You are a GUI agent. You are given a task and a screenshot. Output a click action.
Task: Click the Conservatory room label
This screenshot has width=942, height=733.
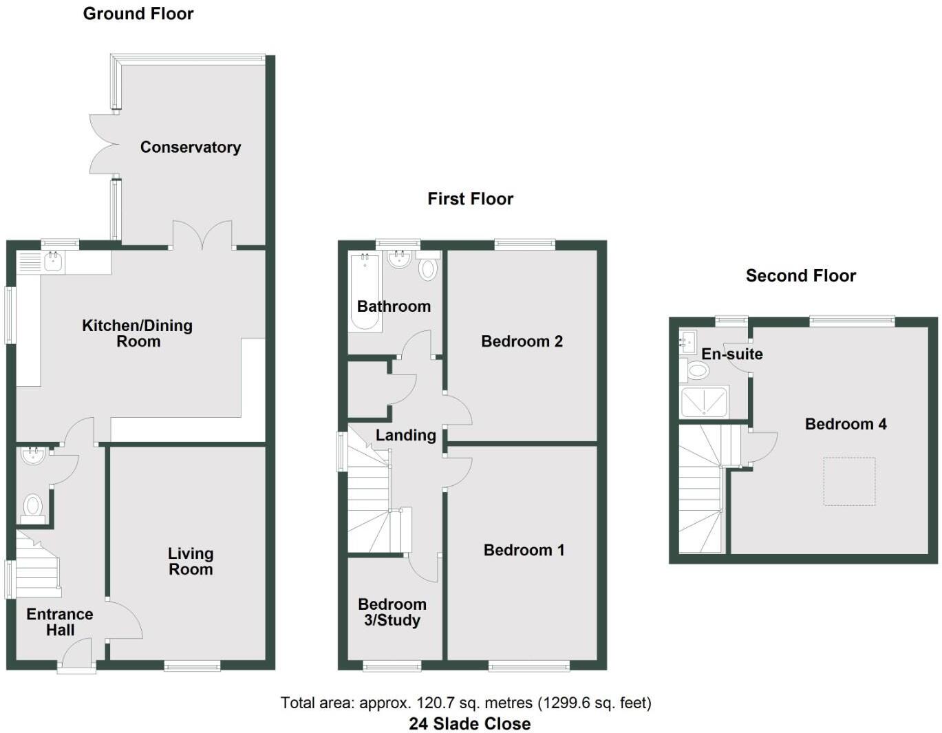click(x=191, y=147)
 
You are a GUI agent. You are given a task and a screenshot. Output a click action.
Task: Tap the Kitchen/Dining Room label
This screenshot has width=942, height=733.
click(x=138, y=333)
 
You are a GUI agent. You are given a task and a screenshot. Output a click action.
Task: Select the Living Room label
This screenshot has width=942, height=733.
click(x=191, y=561)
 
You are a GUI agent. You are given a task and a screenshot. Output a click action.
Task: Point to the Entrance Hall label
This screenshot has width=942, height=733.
click(x=60, y=622)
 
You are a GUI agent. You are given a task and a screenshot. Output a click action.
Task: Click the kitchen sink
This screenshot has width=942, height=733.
click(x=52, y=262)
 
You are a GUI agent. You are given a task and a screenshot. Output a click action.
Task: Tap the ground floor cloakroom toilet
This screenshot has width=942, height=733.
click(x=32, y=507)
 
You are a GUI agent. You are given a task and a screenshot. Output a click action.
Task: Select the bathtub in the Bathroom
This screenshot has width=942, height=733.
click(x=365, y=293)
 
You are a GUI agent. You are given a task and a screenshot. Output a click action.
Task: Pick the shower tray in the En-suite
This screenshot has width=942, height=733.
click(x=704, y=403)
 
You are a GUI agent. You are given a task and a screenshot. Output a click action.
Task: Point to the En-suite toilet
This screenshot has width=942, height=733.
click(x=696, y=372)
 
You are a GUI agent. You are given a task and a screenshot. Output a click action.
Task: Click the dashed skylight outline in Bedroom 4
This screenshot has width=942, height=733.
click(x=850, y=482)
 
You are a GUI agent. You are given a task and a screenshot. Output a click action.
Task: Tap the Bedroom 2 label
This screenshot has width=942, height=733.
click(x=522, y=341)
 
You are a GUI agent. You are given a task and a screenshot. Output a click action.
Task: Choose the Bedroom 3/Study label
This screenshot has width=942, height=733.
click(x=392, y=612)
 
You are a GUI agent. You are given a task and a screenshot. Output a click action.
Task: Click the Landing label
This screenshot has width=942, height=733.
click(x=406, y=435)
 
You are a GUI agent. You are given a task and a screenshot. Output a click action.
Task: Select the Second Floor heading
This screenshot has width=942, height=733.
click(x=801, y=276)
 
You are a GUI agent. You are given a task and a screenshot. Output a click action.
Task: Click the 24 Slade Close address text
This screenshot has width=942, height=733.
click(x=470, y=723)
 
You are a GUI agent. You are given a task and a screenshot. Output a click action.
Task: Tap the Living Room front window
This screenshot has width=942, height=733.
click(x=192, y=666)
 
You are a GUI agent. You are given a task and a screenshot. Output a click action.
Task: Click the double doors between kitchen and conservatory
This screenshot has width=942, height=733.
click(x=202, y=236)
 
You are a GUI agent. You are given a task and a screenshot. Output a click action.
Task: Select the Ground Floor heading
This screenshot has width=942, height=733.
click(x=138, y=14)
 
